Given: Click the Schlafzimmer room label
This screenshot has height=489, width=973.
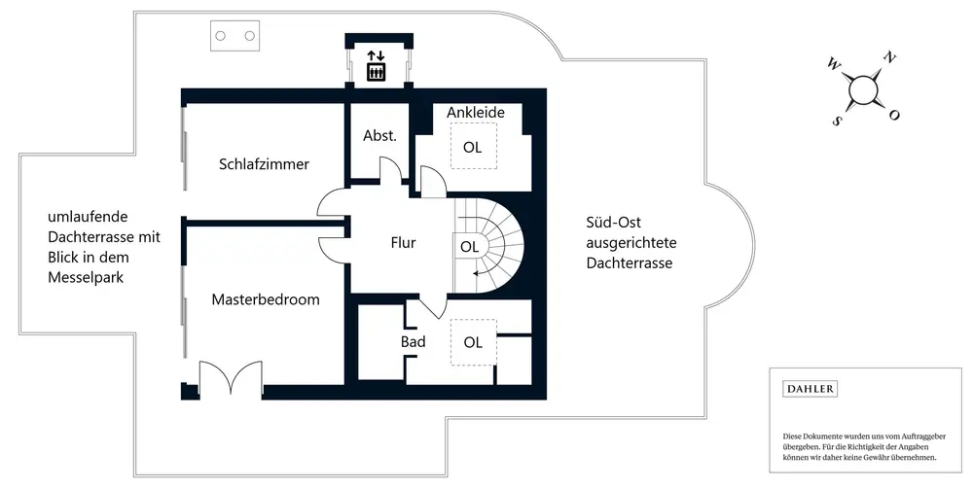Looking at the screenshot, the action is point(264,164).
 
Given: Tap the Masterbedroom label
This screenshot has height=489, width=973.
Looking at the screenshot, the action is point(266,299).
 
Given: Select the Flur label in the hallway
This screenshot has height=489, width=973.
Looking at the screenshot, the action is point(403,243).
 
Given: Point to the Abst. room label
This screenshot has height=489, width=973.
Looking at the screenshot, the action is point(379,136).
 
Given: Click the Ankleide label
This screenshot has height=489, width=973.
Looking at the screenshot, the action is point(476,113).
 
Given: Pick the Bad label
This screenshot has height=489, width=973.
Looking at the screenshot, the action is point(413,342).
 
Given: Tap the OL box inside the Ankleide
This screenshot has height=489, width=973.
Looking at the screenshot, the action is point(473,148).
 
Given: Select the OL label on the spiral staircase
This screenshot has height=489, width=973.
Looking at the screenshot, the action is point(469,247).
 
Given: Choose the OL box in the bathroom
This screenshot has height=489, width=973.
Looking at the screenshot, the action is point(473,342).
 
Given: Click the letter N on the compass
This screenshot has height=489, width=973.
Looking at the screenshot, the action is point(888,58).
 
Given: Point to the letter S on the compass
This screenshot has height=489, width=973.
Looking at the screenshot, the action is point(836,122).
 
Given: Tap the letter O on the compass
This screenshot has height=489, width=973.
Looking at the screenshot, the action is point(894,116).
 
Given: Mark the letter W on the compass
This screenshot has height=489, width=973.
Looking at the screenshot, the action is point(833,64).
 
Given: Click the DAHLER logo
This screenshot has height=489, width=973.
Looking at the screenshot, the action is point(810,389).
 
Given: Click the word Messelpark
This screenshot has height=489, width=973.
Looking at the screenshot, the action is point(88,278).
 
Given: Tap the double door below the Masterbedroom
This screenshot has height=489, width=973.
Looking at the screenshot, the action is point(231,378).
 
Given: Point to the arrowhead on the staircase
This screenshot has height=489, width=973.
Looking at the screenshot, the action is point(473,275).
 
